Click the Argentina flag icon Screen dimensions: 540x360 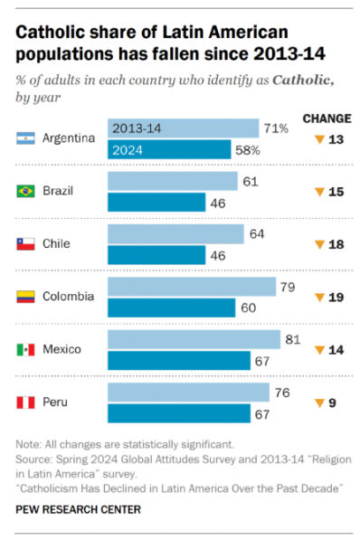[x=26, y=137]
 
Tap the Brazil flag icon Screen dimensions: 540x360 [x=26, y=191]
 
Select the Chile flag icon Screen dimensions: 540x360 [x=26, y=243]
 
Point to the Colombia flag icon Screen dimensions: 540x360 [x=26, y=296]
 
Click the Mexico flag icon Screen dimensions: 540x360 [x=26, y=349]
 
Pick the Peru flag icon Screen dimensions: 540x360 [x=26, y=402]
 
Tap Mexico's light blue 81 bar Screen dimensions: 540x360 [x=194, y=339]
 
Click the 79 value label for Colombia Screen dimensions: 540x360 [x=289, y=287]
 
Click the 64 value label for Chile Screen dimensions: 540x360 [x=258, y=234]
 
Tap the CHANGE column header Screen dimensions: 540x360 [x=327, y=118]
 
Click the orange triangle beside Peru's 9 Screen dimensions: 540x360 [x=319, y=403]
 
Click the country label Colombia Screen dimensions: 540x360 [x=70, y=297]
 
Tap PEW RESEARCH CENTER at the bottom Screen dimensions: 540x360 [x=77, y=509]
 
